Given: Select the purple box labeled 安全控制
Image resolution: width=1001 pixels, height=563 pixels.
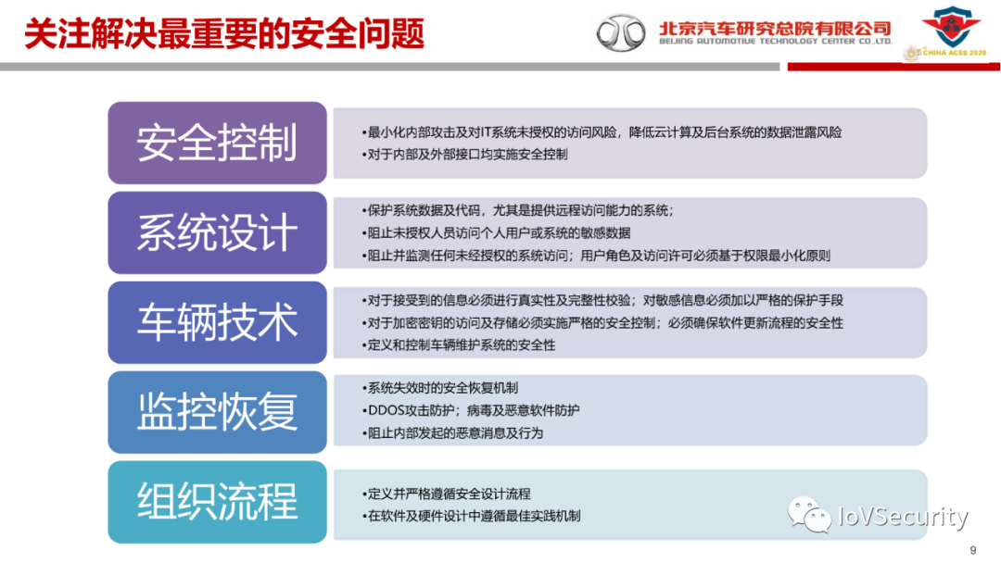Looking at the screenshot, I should pyautogui.click(x=217, y=143).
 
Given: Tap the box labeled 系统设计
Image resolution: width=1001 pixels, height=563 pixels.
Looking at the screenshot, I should pyautogui.click(x=217, y=232).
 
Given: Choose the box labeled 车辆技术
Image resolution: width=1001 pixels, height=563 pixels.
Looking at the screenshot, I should pyautogui.click(x=217, y=322).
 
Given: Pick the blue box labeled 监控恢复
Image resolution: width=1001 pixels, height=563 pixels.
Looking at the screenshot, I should pyautogui.click(x=217, y=412).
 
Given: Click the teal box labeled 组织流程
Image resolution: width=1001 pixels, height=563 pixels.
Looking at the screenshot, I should pyautogui.click(x=217, y=502).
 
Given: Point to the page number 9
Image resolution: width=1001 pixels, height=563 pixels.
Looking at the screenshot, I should pyautogui.click(x=972, y=549).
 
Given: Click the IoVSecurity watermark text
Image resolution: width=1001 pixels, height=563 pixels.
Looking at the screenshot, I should pyautogui.click(x=902, y=516).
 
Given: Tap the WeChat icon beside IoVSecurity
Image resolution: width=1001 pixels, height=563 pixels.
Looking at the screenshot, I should pyautogui.click(x=809, y=516).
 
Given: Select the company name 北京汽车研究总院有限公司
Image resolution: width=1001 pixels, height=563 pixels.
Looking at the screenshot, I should pyautogui.click(x=775, y=28).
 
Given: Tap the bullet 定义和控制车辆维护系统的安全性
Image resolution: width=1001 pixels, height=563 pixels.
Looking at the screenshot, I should pyautogui.click(x=461, y=345).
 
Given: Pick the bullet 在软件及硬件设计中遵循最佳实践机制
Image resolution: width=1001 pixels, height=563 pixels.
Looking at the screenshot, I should pyautogui.click(x=474, y=516).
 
